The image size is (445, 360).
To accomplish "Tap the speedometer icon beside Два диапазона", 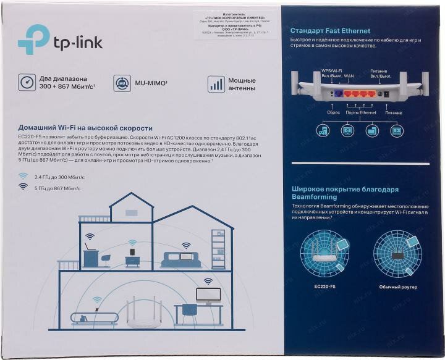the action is (27, 83).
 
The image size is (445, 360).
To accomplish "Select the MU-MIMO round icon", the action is (122, 83).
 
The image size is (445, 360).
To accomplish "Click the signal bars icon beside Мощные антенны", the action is (216, 84).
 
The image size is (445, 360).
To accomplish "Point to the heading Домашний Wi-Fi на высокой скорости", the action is (85, 128).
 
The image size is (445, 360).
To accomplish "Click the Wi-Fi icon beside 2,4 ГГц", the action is (23, 176).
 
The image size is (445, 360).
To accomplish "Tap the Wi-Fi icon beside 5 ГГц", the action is (23, 186).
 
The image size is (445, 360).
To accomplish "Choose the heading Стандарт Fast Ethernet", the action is (330, 30).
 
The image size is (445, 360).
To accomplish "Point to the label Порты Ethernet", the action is (361, 112).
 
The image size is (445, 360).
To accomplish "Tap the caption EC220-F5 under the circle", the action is (324, 287).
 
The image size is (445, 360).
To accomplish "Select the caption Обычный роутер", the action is (399, 287).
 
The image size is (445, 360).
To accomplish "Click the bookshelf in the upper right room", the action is (219, 249).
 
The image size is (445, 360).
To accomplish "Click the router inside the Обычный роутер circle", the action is (398, 254).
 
